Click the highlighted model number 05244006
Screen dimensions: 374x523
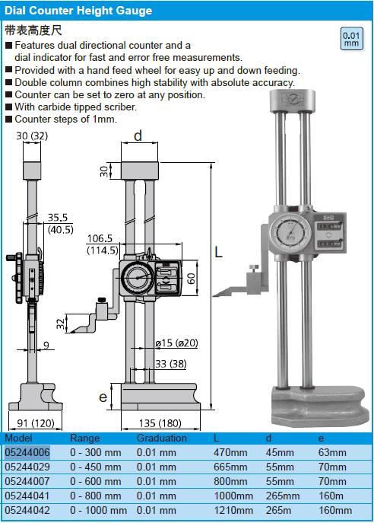tap(27, 452)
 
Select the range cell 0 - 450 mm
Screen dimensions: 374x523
tap(96, 467)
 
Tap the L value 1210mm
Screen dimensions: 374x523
tap(233, 510)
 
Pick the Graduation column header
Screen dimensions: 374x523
tap(161, 438)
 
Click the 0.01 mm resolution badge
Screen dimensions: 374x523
tap(351, 39)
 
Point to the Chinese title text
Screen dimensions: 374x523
tap(33, 30)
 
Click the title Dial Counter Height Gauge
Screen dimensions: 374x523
tap(78, 11)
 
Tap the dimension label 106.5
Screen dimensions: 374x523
tap(100, 238)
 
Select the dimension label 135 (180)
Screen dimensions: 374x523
tap(160, 423)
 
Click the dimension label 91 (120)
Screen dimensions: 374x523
tap(36, 423)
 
